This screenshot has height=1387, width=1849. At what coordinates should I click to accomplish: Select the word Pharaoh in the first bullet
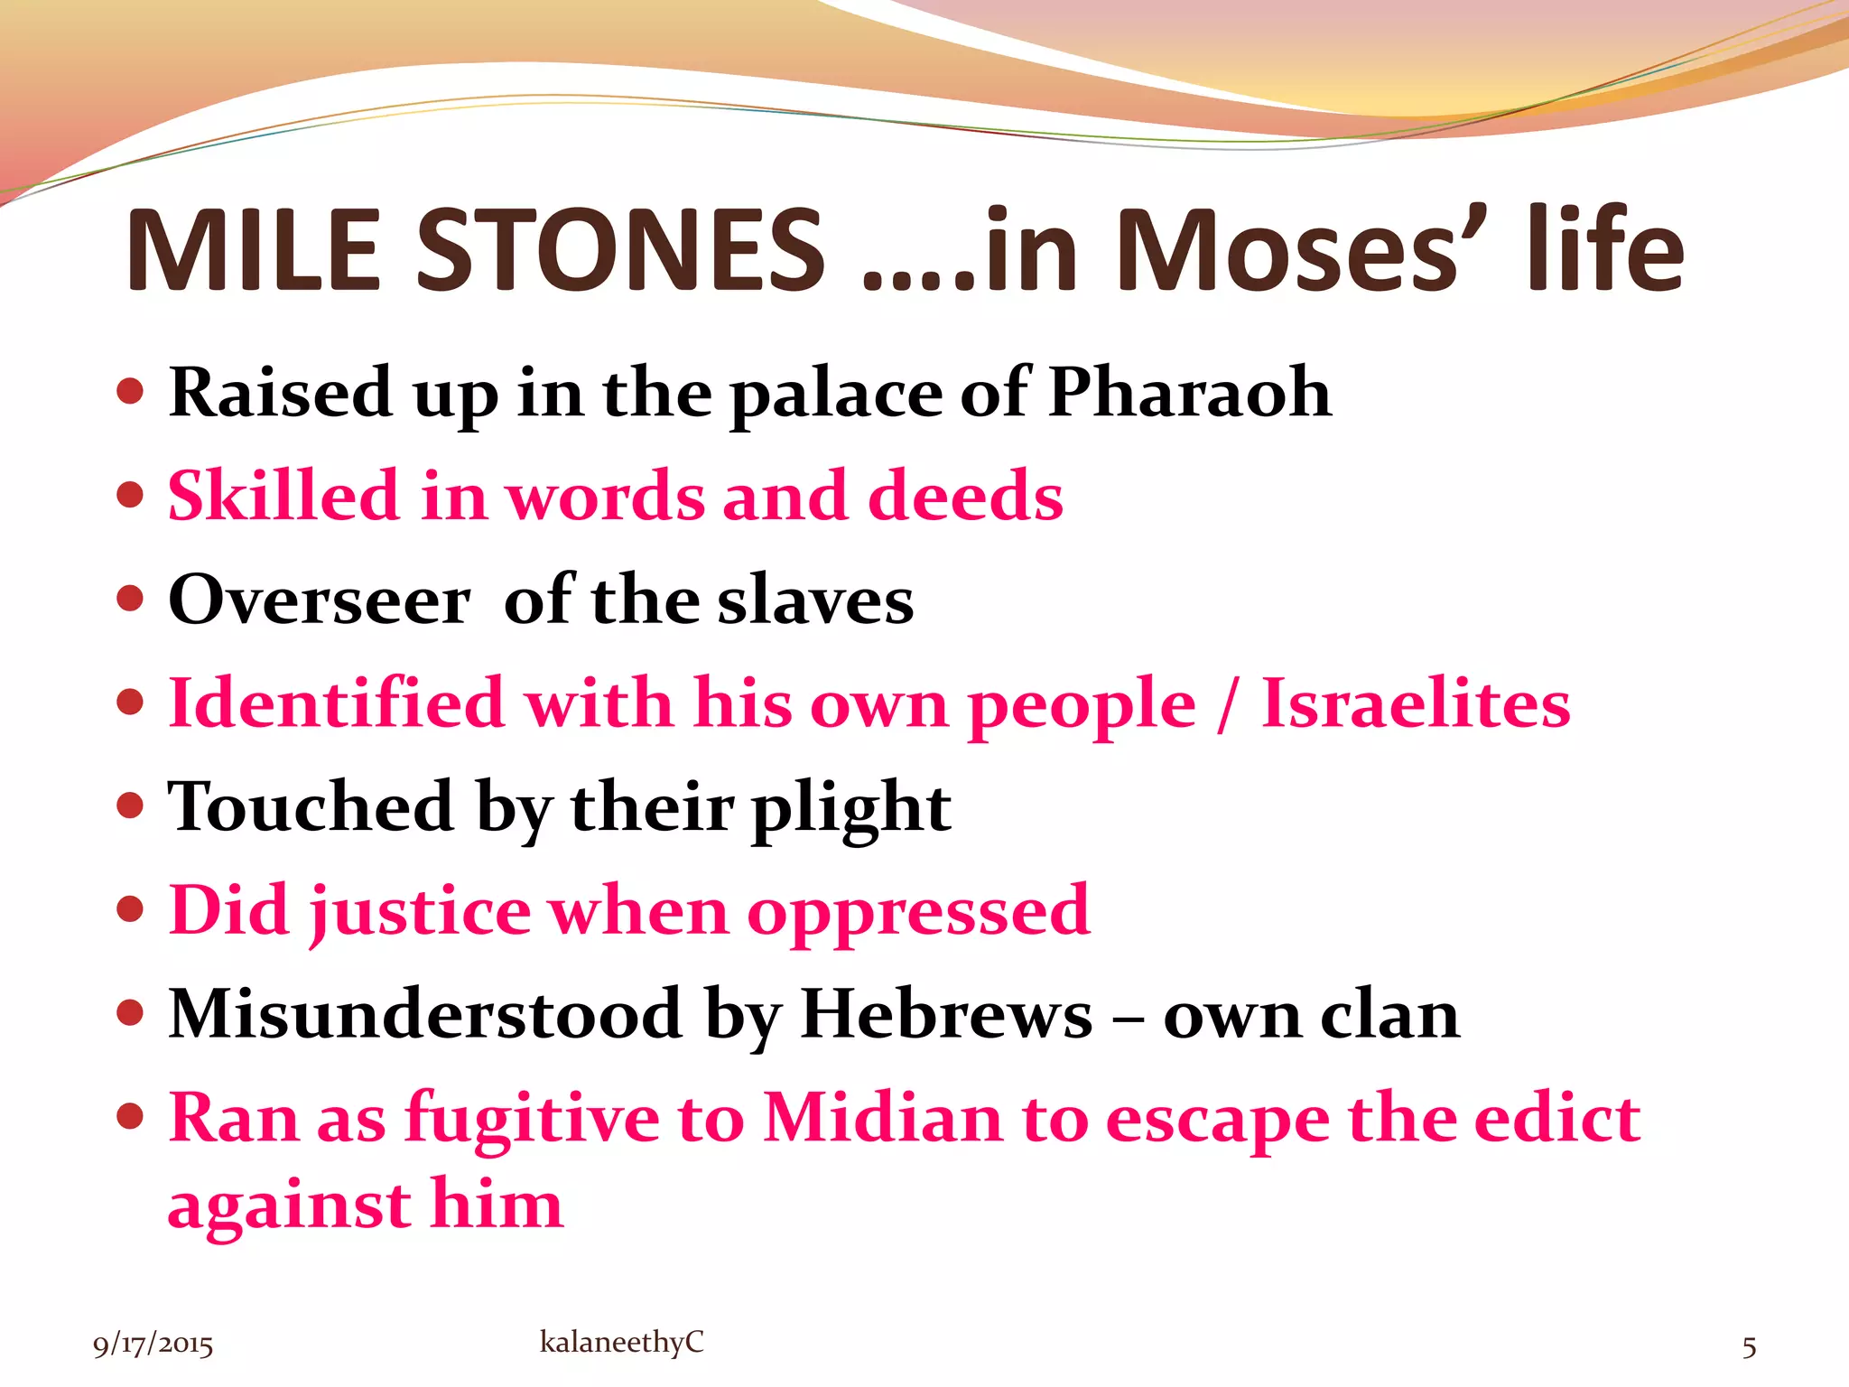(x=1190, y=393)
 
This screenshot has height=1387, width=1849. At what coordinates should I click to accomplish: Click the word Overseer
(x=320, y=600)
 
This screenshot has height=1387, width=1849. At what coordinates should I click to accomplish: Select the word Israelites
(x=1416, y=703)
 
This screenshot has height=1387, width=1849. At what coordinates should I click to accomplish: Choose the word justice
(x=420, y=911)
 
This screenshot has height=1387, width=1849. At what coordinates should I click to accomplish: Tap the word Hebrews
(x=946, y=1014)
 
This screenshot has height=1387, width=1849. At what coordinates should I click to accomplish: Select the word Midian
(x=883, y=1118)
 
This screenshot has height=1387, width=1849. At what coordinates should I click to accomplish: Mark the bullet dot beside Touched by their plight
(x=131, y=805)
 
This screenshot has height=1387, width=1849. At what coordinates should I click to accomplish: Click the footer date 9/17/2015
(x=153, y=1345)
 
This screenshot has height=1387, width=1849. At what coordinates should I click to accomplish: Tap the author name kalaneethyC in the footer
(x=621, y=1342)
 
